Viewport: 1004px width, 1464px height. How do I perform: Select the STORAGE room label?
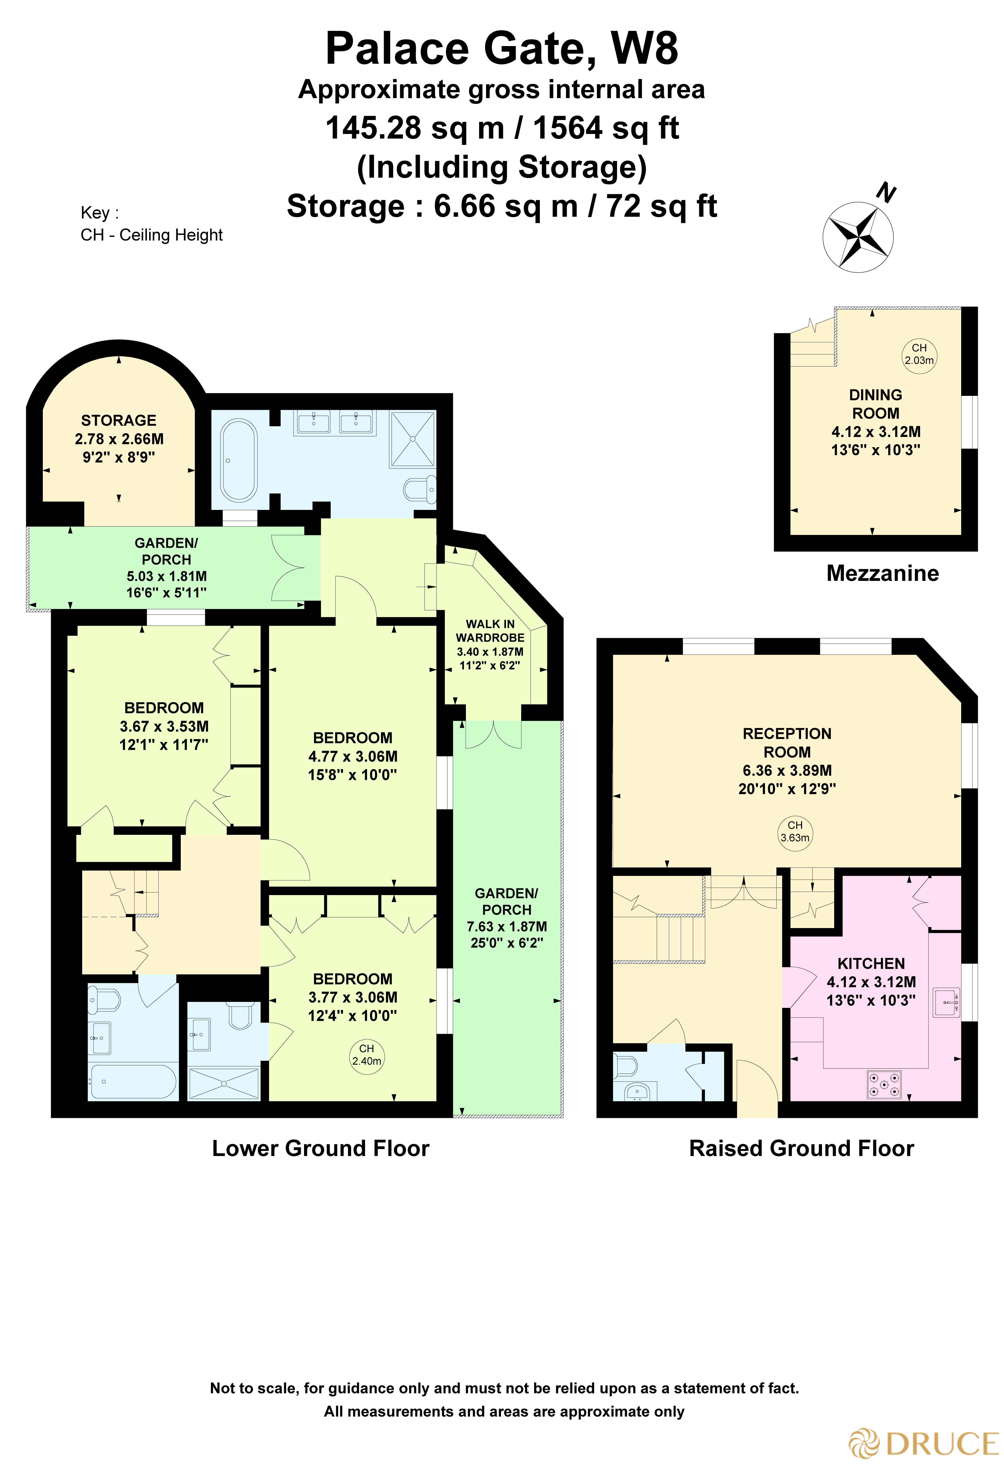pos(119,420)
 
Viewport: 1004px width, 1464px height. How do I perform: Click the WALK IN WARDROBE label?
pos(490,631)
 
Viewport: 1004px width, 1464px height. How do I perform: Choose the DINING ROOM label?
pos(876,404)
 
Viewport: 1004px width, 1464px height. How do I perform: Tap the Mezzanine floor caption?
pos(882,573)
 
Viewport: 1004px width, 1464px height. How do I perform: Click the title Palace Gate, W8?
pos(502,49)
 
